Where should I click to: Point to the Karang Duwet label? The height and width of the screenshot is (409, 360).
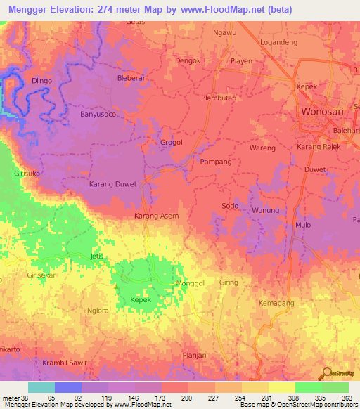point(113,185)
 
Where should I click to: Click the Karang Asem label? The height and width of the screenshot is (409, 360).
point(156,216)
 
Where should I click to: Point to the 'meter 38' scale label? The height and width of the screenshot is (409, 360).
point(16,397)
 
